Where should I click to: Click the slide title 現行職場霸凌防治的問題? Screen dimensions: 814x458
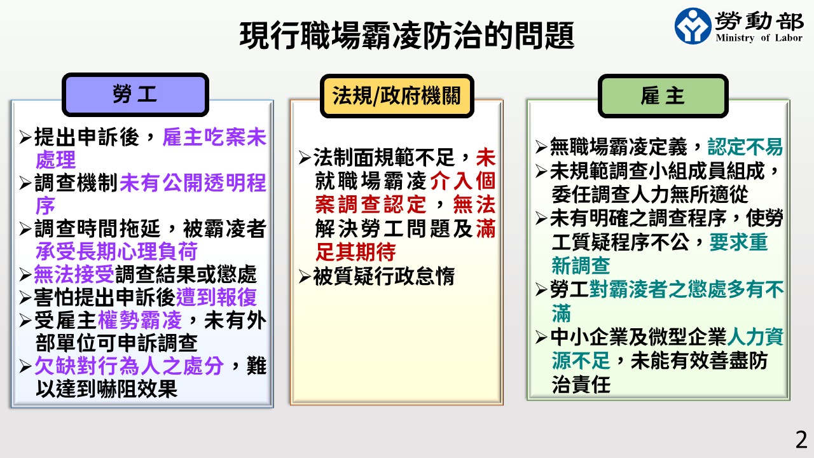[x=407, y=35]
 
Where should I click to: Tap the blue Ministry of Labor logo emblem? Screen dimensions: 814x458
[x=693, y=26]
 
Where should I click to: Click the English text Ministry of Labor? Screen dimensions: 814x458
[x=759, y=38]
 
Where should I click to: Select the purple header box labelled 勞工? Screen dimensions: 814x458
[x=135, y=95]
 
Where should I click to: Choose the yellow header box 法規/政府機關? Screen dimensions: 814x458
[x=397, y=96]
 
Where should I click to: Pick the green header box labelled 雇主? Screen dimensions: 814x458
[x=663, y=96]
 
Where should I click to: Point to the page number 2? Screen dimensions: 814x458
[x=801, y=440]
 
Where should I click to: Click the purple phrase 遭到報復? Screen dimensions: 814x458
[x=217, y=297]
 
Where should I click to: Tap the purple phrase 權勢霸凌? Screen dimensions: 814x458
[x=139, y=320]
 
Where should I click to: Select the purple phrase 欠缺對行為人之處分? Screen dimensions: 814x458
[x=129, y=366]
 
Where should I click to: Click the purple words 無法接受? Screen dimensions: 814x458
[x=74, y=274]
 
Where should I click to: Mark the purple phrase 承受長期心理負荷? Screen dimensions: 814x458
[x=116, y=251]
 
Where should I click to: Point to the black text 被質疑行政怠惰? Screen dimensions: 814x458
[x=383, y=276]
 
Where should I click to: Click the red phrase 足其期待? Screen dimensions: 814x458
[x=355, y=252]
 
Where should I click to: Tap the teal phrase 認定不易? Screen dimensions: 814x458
[x=745, y=147]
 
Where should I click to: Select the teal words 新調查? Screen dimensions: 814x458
[x=581, y=265]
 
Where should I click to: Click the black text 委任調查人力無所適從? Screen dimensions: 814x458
[x=650, y=195]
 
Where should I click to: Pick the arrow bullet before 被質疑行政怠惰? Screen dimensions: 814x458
[x=305, y=277]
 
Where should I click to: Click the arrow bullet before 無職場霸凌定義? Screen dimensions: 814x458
[x=541, y=147]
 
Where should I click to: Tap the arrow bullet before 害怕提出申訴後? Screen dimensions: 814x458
[x=25, y=298]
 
